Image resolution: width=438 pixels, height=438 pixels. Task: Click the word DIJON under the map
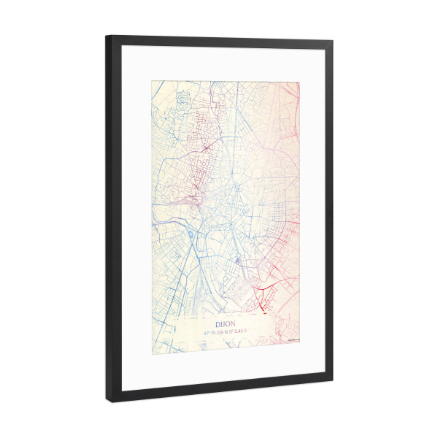click(x=226, y=321)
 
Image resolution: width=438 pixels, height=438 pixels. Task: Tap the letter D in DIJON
click(x=218, y=321)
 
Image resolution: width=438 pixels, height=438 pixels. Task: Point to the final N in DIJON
click(x=233, y=321)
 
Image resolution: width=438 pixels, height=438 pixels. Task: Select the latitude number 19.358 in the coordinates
click(x=223, y=330)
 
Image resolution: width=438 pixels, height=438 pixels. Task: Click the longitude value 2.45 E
click(x=246, y=330)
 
